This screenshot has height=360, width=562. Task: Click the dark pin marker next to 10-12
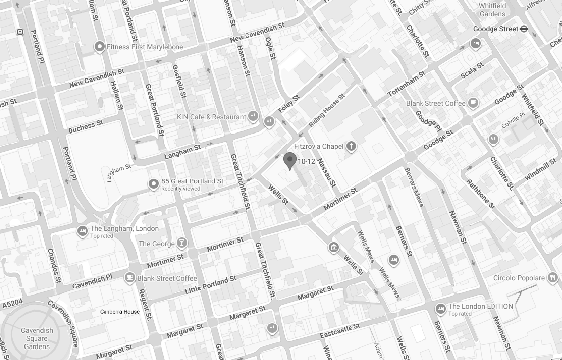point(290,160)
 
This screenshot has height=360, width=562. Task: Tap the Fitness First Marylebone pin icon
point(99,47)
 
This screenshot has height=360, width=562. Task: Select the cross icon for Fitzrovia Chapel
point(351,146)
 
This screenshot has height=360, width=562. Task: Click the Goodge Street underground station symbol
point(524,29)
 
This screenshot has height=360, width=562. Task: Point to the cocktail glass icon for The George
point(182,243)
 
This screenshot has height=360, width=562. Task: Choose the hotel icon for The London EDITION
point(440,309)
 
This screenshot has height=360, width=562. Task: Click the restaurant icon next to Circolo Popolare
point(553,278)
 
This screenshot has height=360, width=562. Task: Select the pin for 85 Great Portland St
point(154,184)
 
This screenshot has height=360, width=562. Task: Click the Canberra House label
point(120,312)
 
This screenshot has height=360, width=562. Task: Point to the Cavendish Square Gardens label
point(37,338)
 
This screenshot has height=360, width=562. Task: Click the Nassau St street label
point(326,173)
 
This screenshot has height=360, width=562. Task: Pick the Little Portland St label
point(210,286)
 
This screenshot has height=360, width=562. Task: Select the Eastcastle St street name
point(340,331)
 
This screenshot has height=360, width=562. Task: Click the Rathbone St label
point(481,194)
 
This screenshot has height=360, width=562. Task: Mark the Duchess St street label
point(85,127)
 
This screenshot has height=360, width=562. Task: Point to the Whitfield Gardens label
point(492,10)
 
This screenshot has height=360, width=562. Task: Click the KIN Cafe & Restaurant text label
point(211,117)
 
